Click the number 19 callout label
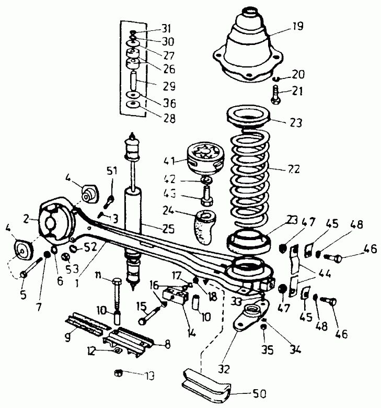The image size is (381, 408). [x=297, y=27]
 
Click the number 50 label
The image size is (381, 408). [x=259, y=394]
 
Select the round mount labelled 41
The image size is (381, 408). [x=205, y=158]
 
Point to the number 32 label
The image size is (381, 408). [x=224, y=369]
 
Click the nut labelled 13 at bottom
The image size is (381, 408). [x=118, y=373]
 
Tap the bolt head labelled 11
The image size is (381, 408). [x=117, y=282]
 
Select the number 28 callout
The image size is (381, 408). [x=169, y=119]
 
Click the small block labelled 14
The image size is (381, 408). [x=176, y=295]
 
